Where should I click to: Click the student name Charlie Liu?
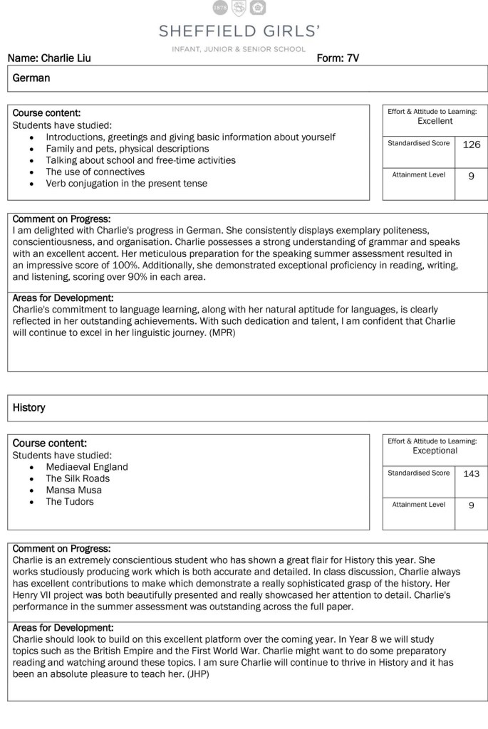coord(66,58)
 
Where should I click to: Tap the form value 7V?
coord(353,58)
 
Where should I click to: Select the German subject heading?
coord(31,78)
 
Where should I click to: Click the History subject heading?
coord(29,408)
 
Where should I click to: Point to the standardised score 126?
coord(472,145)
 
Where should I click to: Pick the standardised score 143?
coord(472,473)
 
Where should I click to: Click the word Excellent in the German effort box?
coord(435,121)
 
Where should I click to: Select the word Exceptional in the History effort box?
coord(435,451)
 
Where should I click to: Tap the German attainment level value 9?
coord(472,176)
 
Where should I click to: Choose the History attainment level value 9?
coord(472,505)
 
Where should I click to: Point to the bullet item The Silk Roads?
coord(78,478)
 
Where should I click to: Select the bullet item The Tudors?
coord(70,501)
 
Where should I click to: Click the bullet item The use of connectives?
coord(95,172)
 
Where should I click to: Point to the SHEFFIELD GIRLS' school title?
coord(239,31)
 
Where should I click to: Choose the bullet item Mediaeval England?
coord(87,467)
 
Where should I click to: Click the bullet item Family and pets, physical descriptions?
coord(128,149)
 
